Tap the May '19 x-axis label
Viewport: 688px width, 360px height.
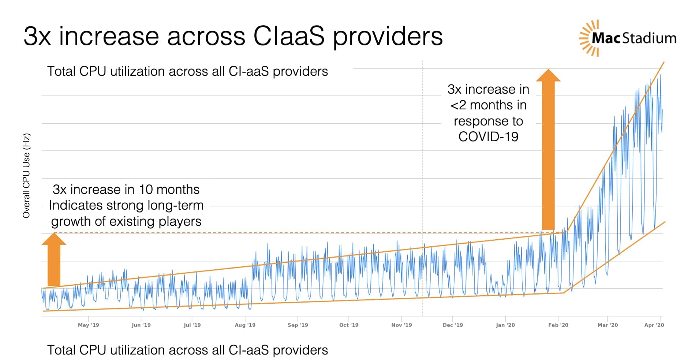tap(88, 325)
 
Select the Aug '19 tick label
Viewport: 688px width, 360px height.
tap(245, 325)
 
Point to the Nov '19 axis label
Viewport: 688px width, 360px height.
tap(401, 325)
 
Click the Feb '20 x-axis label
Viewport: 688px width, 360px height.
tap(558, 325)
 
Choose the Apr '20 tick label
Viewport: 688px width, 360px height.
tap(654, 325)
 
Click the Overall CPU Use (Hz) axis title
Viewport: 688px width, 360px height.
tap(26, 176)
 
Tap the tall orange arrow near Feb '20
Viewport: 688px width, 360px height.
tap(548, 150)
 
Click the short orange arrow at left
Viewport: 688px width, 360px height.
tap(54, 260)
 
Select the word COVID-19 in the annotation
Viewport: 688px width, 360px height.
tap(488, 137)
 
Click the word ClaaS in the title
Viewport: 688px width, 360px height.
tap(289, 36)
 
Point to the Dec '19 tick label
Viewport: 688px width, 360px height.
tap(453, 325)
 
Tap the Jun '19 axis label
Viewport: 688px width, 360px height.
tap(141, 325)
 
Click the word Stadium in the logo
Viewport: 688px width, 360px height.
tap(649, 38)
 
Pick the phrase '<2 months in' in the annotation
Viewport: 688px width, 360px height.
tap(488, 105)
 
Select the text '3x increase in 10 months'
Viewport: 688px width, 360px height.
tap(126, 190)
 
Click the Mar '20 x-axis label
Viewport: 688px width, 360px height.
tap(607, 325)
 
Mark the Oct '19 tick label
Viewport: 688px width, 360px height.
tap(349, 325)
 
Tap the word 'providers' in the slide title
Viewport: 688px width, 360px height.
tap(388, 37)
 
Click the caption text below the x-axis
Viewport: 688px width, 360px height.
tap(187, 350)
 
